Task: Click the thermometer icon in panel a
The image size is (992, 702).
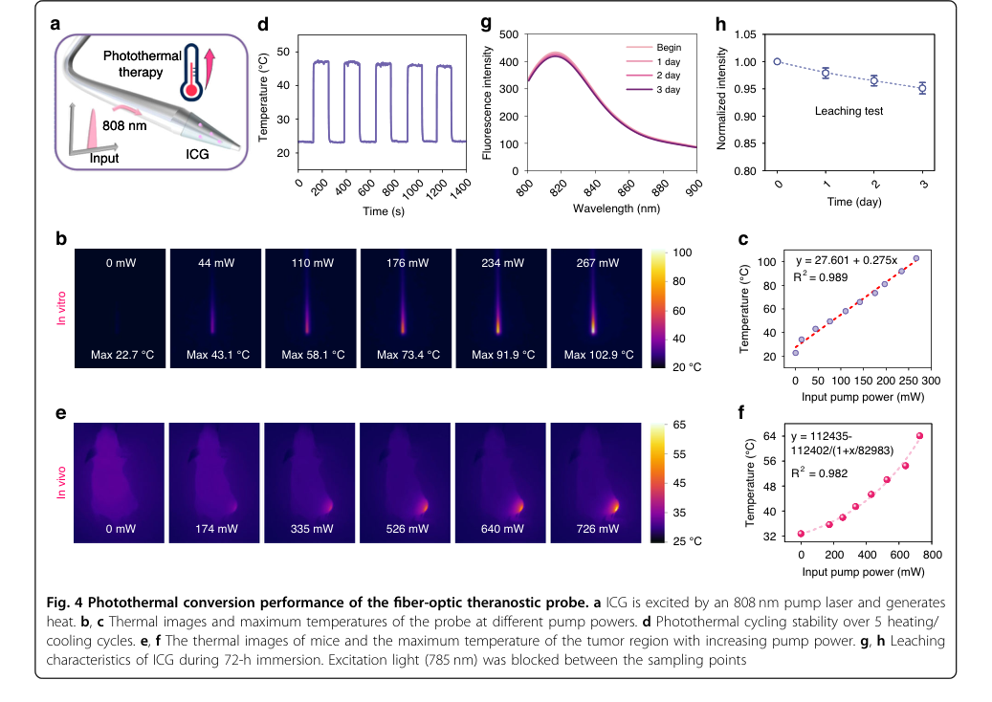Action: [191, 73]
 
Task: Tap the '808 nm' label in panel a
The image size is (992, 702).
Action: [124, 125]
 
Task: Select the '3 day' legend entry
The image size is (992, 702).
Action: [668, 89]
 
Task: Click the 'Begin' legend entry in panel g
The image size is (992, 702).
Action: [669, 48]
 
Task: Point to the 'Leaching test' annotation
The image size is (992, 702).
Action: [849, 111]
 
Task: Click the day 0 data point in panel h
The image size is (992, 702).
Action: [778, 61]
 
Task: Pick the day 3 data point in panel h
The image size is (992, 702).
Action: [922, 88]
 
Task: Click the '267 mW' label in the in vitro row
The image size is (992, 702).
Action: [597, 262]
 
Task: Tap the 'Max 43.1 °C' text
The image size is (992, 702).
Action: [218, 355]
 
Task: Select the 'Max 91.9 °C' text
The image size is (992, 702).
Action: [503, 355]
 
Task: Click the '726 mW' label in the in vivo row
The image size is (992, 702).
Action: [597, 529]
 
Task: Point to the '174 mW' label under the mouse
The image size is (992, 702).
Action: [216, 529]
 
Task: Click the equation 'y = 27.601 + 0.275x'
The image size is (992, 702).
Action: [847, 260]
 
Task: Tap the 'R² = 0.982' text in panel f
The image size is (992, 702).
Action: [819, 473]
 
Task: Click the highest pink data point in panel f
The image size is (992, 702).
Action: [920, 436]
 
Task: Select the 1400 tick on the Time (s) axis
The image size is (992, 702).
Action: [460, 187]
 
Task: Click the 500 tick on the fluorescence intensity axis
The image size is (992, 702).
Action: [509, 34]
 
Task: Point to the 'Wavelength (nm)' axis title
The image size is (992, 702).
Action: [616, 208]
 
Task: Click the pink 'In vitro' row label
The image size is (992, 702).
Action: [61, 308]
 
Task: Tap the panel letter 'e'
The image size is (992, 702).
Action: [60, 413]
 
